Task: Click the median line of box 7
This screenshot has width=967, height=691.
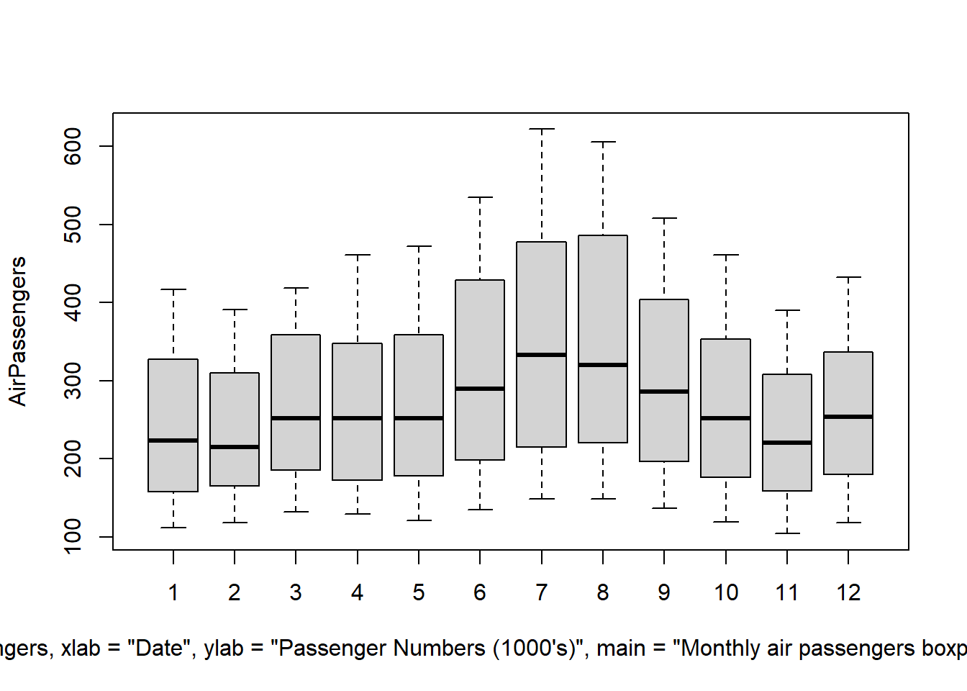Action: tap(541, 355)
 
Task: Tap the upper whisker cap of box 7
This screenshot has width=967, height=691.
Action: tap(541, 129)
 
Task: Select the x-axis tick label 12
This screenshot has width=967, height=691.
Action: tap(848, 592)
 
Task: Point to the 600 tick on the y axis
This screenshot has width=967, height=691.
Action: tap(73, 146)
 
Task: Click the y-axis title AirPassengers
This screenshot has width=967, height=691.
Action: tap(17, 331)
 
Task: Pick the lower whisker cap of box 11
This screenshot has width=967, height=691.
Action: tap(787, 533)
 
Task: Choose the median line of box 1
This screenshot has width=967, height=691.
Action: tap(173, 441)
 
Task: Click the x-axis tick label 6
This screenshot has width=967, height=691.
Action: tap(480, 592)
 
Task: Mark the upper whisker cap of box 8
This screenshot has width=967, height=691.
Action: tap(603, 143)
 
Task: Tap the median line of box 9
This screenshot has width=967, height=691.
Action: tap(664, 392)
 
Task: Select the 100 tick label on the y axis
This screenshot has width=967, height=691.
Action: tap(73, 536)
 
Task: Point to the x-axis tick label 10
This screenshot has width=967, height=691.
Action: tap(726, 592)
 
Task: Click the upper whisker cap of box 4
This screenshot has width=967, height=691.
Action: tap(358, 255)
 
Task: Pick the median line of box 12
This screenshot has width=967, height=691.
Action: tap(848, 417)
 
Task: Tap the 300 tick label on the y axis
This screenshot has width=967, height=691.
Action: tap(73, 381)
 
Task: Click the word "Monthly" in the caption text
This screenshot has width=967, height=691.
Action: tap(721, 649)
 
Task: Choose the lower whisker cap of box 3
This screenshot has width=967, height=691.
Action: tap(296, 512)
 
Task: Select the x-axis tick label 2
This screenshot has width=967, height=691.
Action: tap(235, 592)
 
